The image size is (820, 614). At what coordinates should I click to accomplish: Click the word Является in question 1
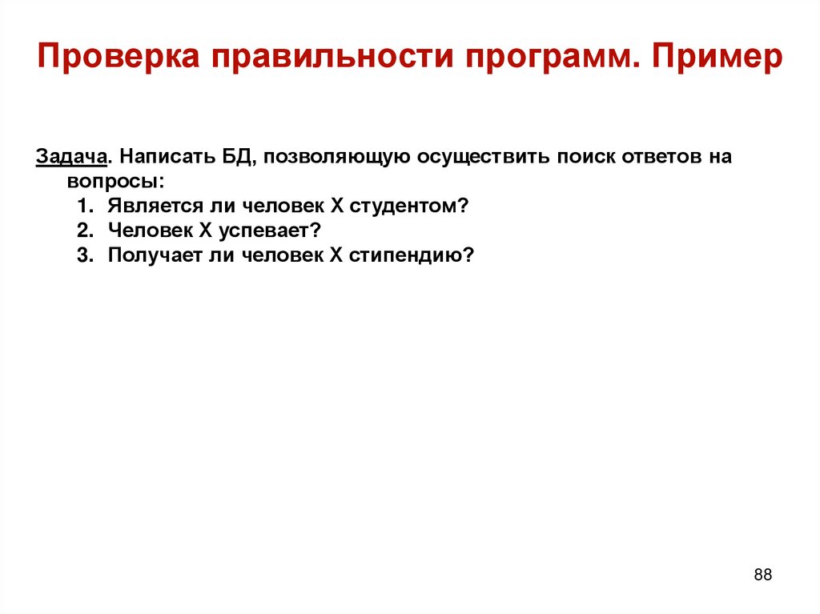tap(147, 206)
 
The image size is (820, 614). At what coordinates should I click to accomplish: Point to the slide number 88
tap(762, 575)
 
